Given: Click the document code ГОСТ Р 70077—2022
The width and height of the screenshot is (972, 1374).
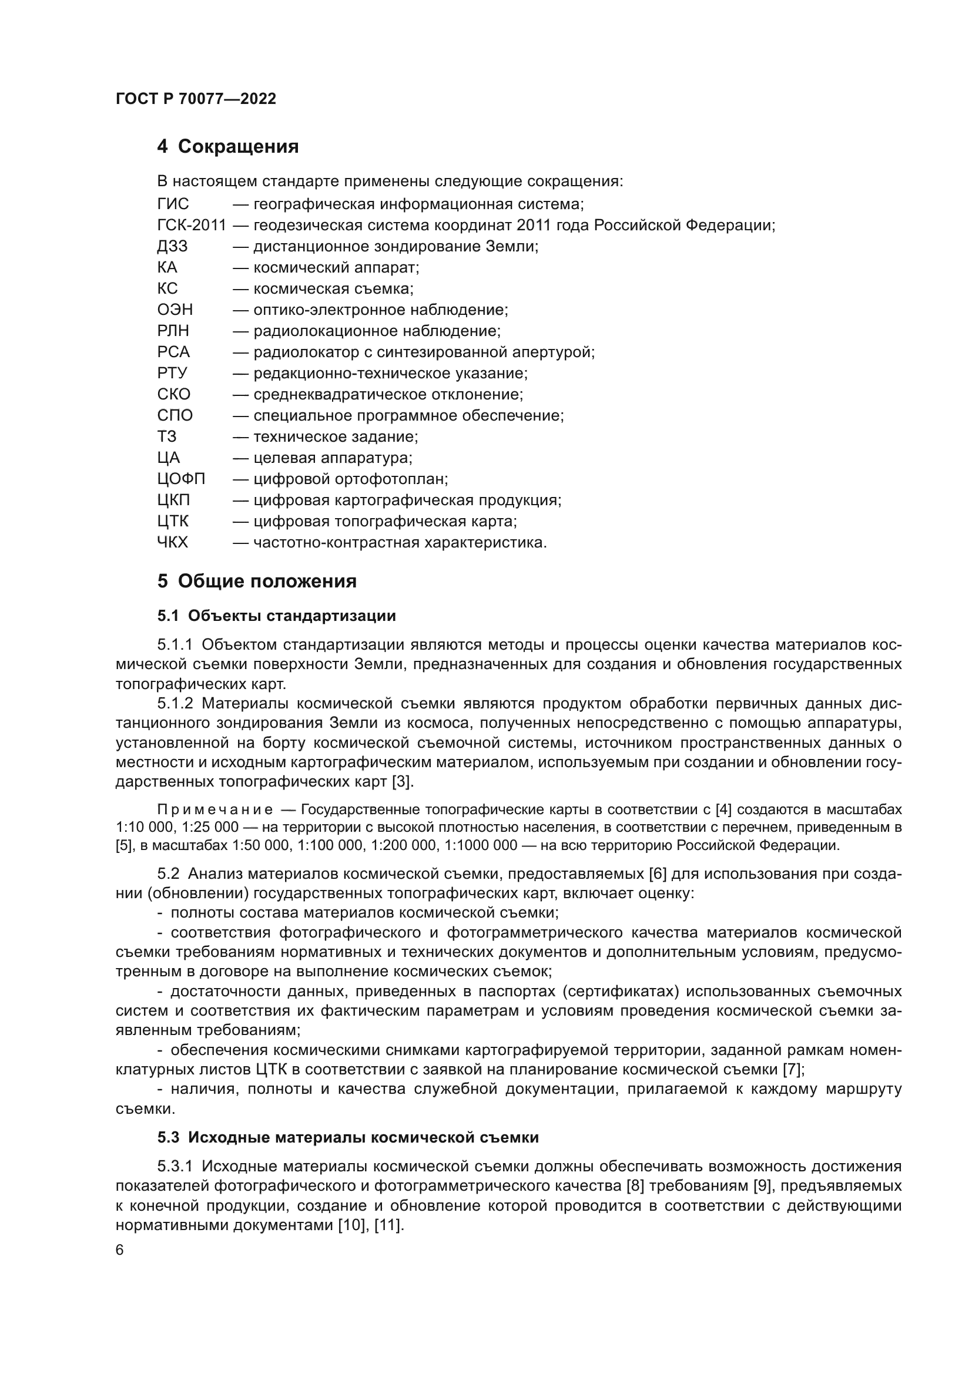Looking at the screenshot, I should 196,99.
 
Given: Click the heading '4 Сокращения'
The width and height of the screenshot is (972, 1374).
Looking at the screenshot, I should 227,147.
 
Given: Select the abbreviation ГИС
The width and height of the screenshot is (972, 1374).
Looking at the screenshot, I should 172,204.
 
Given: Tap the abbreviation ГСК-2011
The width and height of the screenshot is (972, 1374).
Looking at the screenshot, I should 192,226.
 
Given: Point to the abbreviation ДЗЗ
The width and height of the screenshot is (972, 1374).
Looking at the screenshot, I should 172,247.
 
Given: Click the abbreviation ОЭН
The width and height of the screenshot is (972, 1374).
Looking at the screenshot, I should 175,310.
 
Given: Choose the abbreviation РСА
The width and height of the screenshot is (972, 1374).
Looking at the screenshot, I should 173,352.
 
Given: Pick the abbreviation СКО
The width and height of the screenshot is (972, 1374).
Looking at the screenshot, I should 173,394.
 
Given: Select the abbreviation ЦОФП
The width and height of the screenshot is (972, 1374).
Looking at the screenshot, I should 181,479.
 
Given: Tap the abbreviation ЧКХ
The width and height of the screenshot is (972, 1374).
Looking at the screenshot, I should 172,543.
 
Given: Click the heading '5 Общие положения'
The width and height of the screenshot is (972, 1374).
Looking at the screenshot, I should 257,581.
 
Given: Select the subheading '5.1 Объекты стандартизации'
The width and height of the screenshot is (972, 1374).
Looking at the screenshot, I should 276,616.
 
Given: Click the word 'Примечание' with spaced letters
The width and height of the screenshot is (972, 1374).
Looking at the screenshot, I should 215,810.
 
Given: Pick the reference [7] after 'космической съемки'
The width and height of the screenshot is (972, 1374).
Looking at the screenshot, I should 793,1069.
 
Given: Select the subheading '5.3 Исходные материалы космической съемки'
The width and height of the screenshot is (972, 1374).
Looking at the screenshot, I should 348,1138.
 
